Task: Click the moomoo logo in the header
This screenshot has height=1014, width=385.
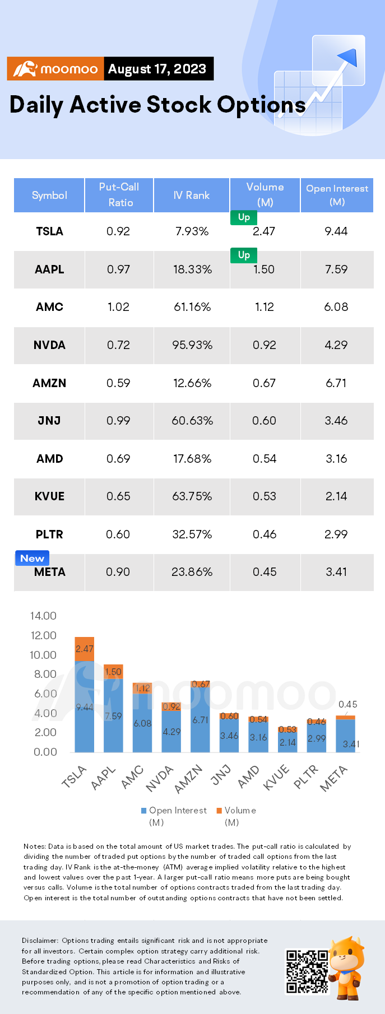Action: coord(55,69)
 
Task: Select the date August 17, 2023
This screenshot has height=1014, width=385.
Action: coord(157,69)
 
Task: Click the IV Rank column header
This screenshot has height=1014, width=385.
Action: coord(191,195)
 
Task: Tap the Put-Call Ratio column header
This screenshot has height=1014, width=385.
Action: coord(119,194)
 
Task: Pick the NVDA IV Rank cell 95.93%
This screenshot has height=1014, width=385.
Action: coord(192,345)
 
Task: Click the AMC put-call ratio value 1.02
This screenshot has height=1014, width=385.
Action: coord(118,307)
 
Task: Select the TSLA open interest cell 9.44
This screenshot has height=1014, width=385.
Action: coord(336,231)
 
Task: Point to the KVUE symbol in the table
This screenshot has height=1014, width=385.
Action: coord(49,496)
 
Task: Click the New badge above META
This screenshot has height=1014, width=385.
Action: coord(32,558)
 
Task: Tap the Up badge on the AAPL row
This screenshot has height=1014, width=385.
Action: coord(244,255)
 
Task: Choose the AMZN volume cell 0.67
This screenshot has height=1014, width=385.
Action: coord(264,383)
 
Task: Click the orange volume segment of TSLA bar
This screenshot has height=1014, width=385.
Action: coord(85,649)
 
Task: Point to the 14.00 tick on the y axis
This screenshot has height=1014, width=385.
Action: coord(43,616)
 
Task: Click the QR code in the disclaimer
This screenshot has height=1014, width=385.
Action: coord(307,971)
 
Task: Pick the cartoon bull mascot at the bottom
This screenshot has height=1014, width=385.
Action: coord(347,968)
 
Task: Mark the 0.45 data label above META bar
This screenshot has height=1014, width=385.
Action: coord(348,704)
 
